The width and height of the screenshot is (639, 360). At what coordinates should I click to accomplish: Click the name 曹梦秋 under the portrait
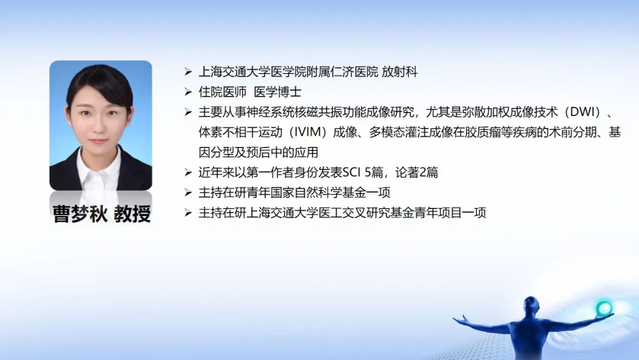(80, 214)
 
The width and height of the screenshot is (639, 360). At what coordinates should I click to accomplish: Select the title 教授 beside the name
(133, 214)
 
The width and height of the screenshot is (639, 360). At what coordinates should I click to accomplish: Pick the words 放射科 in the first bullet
(400, 72)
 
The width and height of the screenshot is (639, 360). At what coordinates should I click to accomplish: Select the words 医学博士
(277, 92)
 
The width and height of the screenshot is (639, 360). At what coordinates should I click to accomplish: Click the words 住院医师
(222, 92)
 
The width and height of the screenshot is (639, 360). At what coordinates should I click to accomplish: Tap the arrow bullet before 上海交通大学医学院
(188, 72)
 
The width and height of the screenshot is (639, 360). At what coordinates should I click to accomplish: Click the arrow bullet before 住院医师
(188, 92)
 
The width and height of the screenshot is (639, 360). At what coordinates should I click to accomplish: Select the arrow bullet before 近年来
(188, 172)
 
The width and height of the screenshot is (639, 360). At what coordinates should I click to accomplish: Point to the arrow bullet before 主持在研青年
(188, 192)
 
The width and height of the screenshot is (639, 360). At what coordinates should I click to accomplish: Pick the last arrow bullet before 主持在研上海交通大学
(188, 213)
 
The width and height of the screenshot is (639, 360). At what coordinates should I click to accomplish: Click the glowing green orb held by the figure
(604, 308)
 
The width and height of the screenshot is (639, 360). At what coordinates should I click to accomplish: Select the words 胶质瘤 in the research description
(482, 132)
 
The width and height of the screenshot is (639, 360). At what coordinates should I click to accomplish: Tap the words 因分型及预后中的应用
(259, 153)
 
